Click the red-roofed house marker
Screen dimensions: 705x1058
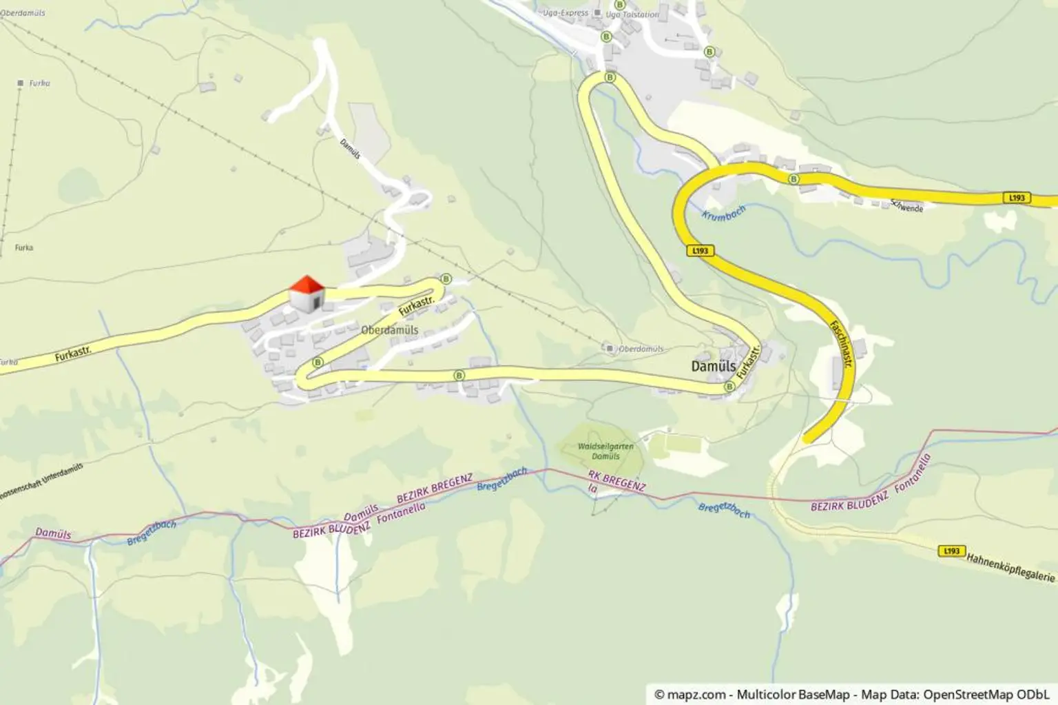(x=307, y=294)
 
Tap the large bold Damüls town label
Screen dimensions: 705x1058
(x=713, y=366)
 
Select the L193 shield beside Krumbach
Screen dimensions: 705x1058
(x=700, y=251)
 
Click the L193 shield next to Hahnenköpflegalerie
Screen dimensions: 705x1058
(x=951, y=551)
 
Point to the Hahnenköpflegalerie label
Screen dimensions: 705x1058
(x=1010, y=566)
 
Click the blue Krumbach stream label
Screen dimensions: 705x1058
(x=723, y=214)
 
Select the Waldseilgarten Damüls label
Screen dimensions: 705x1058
(x=605, y=451)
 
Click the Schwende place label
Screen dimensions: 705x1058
(x=906, y=205)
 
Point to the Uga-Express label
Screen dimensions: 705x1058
(x=566, y=12)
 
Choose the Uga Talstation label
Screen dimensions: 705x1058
(x=632, y=14)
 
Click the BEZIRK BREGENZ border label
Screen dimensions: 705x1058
(x=434, y=488)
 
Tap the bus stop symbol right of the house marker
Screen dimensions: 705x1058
(x=446, y=279)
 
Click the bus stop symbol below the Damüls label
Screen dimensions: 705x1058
(x=729, y=387)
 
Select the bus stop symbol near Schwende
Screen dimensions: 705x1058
(x=793, y=179)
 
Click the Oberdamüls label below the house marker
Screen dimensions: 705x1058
(x=389, y=330)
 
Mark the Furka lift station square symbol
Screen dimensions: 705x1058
(x=21, y=83)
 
